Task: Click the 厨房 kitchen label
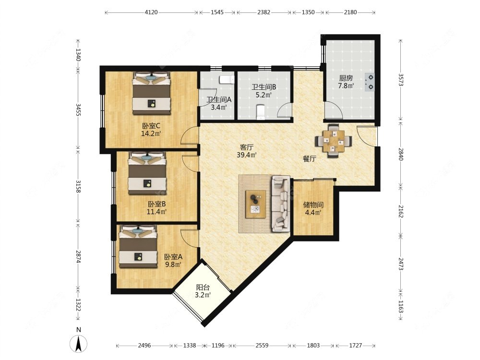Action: coord(346,78)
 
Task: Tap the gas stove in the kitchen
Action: coord(370,82)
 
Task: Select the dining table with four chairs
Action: coord(333,141)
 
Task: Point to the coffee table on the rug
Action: coord(255,204)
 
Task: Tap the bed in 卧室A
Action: coord(138,246)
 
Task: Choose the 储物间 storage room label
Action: coord(312,204)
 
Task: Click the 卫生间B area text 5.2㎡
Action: coord(264,95)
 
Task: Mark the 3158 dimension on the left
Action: coord(78,186)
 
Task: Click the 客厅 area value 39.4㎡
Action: coord(247,155)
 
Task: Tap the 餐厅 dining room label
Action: coord(309,159)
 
